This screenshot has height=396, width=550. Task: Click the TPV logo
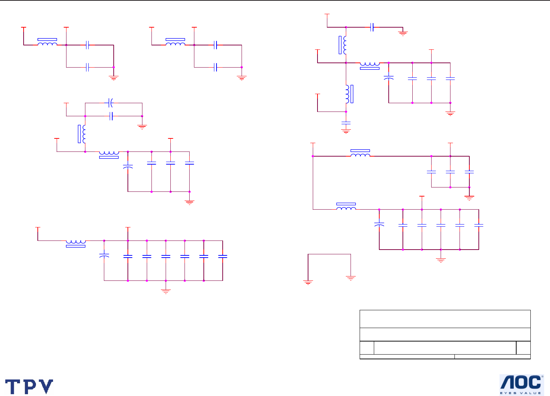click(x=29, y=387)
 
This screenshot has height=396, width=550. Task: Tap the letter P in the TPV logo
click(x=29, y=387)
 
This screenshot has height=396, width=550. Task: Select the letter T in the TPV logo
click(x=12, y=387)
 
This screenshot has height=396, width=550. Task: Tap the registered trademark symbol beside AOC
click(x=542, y=377)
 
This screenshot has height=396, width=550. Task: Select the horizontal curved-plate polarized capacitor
click(x=111, y=103)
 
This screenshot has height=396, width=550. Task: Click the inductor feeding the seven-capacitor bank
click(x=76, y=242)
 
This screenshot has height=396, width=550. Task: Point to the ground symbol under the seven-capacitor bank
click(x=166, y=291)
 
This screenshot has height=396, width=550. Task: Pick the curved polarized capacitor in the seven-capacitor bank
click(x=104, y=256)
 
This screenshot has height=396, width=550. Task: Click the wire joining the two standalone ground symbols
click(x=329, y=254)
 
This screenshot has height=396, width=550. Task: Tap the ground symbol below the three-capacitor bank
click(x=469, y=198)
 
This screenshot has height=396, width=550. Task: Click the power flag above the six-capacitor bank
click(x=422, y=197)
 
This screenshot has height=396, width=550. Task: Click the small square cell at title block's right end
click(x=523, y=348)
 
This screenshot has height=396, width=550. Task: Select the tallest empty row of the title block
click(x=445, y=319)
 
